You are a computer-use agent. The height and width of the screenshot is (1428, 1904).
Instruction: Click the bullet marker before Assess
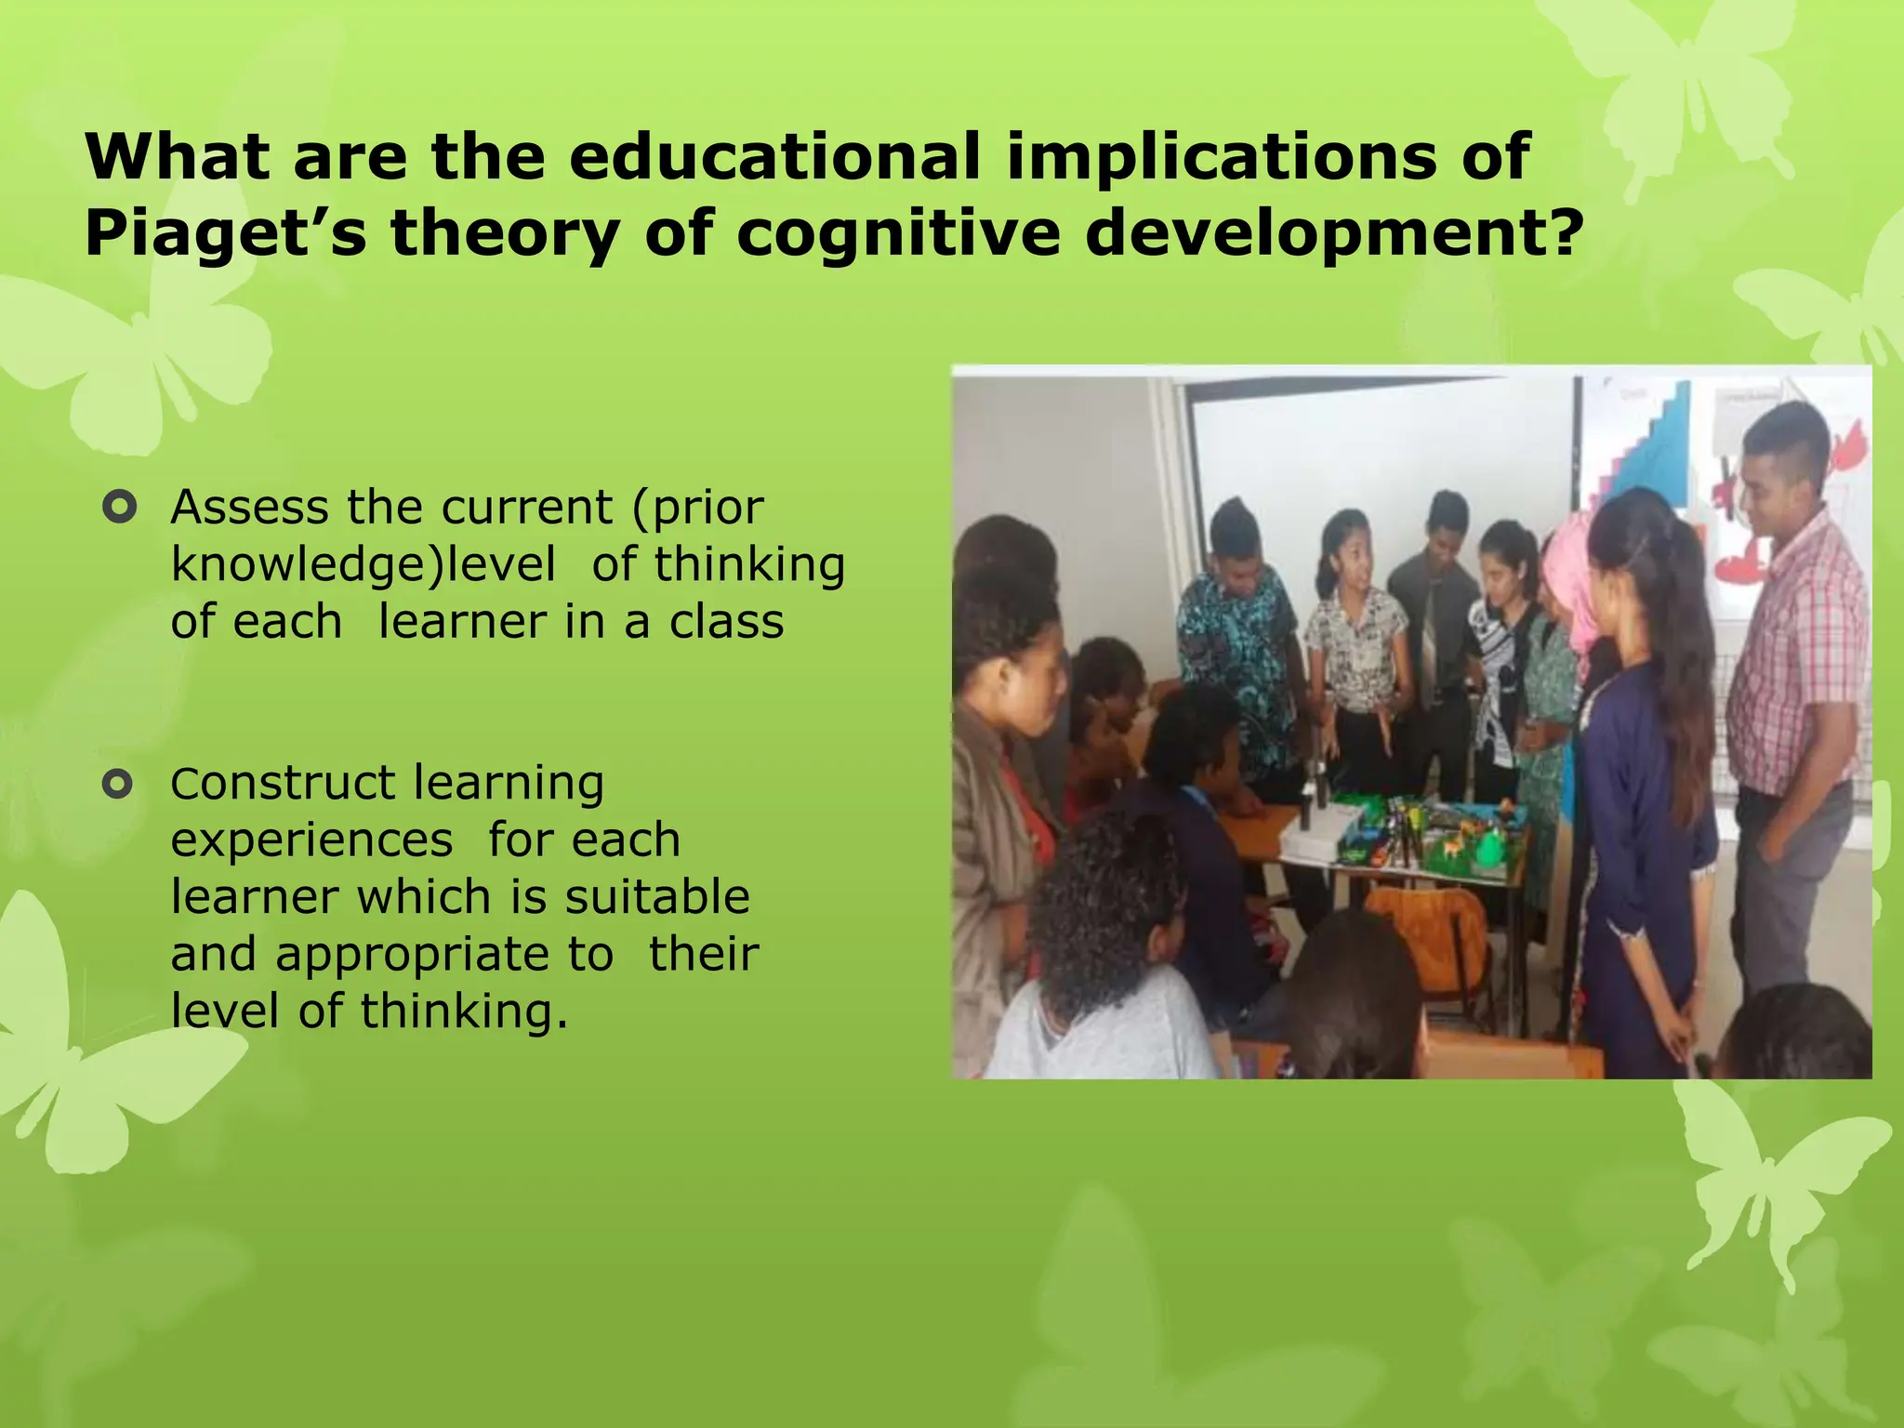120,508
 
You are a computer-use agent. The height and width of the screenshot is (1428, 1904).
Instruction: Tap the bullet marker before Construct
119,785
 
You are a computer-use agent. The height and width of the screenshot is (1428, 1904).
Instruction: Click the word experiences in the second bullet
311,840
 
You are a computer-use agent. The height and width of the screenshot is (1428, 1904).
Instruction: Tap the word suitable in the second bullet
656,897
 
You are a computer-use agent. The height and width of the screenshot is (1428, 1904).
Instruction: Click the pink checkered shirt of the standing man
1794,651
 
